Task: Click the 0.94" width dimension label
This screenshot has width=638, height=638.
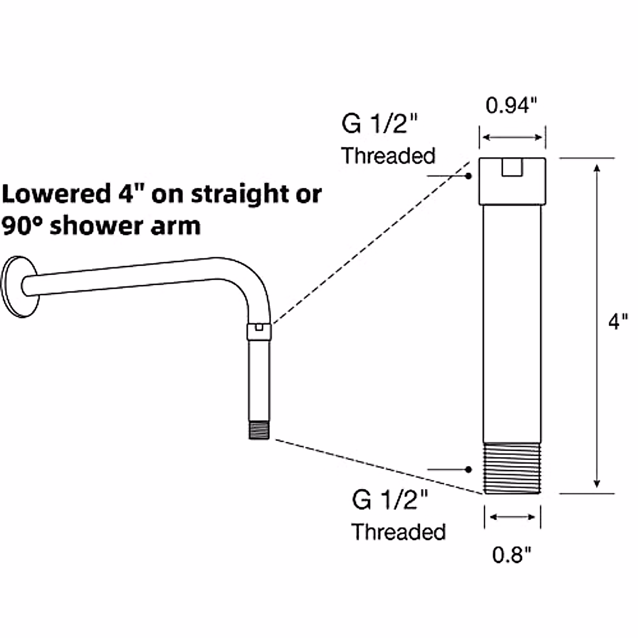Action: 509,106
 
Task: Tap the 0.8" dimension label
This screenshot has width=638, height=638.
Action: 511,555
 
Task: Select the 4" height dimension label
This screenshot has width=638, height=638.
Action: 618,321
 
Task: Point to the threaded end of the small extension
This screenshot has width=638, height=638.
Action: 259,429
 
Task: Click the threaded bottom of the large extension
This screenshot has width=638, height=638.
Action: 512,468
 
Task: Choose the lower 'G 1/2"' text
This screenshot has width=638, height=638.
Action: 390,500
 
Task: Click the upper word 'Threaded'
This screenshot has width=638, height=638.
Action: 388,156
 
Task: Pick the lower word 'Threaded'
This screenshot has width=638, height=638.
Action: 398,531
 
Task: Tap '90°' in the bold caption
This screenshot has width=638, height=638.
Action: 22,226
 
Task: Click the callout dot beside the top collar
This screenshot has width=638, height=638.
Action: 468,175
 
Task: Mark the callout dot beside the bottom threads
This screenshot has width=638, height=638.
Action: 468,469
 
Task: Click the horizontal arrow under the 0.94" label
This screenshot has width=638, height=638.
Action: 512,138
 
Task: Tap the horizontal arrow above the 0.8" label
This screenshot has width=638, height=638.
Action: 512,516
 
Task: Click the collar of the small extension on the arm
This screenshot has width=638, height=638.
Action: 259,331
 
